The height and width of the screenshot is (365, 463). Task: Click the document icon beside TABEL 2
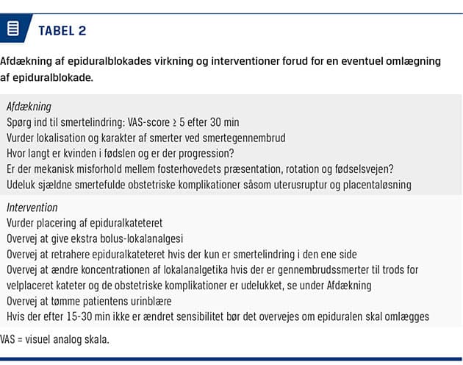tap(12, 29)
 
